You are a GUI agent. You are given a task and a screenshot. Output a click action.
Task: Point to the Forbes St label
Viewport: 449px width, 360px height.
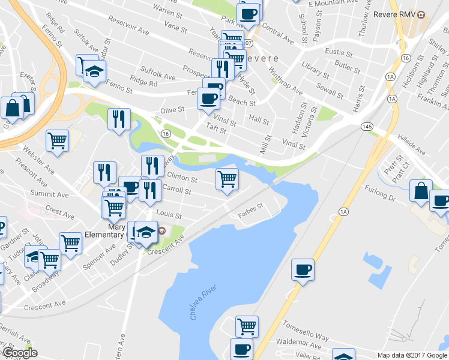click(250, 208)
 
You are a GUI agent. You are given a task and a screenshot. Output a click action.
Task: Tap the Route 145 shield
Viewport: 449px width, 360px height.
click(366, 126)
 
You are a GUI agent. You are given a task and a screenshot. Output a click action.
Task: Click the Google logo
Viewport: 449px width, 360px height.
click(19, 353)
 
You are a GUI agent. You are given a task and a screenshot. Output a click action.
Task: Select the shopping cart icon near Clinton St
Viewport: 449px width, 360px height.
click(227, 178)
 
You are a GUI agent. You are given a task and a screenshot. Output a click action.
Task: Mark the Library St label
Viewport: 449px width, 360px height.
click(313, 70)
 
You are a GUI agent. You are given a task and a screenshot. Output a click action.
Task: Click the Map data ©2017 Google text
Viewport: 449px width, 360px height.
click(411, 355)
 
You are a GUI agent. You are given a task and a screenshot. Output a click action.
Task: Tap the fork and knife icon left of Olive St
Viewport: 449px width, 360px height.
click(118, 118)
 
